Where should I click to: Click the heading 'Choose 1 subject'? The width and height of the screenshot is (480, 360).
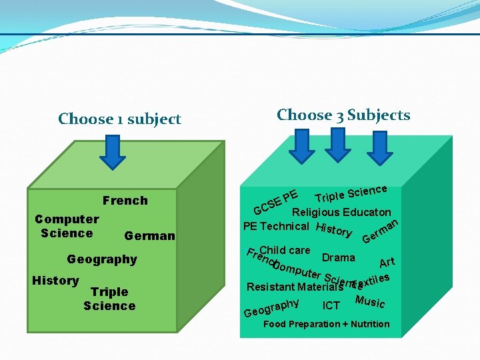(x=119, y=119)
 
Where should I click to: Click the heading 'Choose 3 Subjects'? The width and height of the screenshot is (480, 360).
(x=343, y=115)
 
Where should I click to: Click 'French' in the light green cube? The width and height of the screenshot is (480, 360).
(x=125, y=201)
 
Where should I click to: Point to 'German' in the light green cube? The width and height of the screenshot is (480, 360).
(x=149, y=236)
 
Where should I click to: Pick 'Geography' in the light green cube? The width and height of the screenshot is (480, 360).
(x=102, y=259)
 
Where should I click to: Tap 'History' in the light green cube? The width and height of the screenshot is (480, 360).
(x=55, y=281)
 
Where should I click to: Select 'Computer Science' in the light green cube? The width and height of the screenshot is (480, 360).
(x=67, y=226)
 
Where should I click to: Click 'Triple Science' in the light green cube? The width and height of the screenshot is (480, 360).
(x=109, y=299)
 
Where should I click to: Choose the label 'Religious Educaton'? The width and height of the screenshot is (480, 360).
(x=341, y=213)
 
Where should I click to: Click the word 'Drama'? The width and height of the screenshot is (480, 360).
(x=338, y=257)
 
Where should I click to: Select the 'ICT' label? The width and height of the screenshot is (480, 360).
(x=331, y=306)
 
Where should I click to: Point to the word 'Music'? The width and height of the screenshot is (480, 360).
(x=370, y=301)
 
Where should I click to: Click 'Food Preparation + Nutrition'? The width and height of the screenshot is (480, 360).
(x=327, y=324)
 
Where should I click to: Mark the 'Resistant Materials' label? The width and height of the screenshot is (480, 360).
(x=295, y=287)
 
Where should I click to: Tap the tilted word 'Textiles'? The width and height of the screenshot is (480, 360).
(x=372, y=279)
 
